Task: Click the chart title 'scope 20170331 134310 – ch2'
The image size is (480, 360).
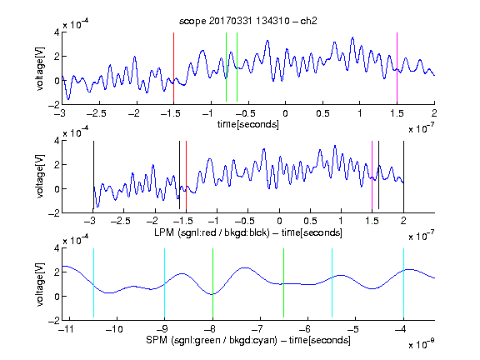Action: click(x=248, y=21)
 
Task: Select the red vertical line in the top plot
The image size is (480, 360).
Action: click(x=173, y=67)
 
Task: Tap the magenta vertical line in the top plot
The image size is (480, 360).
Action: click(x=397, y=67)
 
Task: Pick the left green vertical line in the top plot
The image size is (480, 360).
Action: click(x=226, y=67)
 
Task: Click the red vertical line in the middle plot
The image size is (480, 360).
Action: click(x=186, y=175)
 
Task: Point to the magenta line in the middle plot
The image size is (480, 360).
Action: click(x=372, y=175)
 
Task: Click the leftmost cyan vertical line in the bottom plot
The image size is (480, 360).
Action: click(x=93, y=282)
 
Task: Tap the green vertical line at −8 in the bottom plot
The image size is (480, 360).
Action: click(x=212, y=282)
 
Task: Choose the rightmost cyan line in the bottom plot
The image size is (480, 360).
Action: click(x=403, y=282)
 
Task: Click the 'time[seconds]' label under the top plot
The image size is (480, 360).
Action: click(x=248, y=124)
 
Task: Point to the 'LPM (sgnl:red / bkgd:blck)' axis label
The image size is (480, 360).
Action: click(x=212, y=232)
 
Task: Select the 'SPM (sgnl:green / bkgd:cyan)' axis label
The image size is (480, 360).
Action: click(x=212, y=340)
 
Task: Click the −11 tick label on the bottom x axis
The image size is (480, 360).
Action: click(x=67, y=329)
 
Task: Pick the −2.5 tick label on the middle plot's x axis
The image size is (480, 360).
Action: click(x=121, y=221)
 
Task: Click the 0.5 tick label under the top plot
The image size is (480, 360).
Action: click(x=322, y=113)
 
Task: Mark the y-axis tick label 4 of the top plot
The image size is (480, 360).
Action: click(x=57, y=32)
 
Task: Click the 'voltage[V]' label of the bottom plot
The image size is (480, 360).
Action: click(x=40, y=284)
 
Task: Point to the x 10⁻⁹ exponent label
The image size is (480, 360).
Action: click(x=421, y=344)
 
